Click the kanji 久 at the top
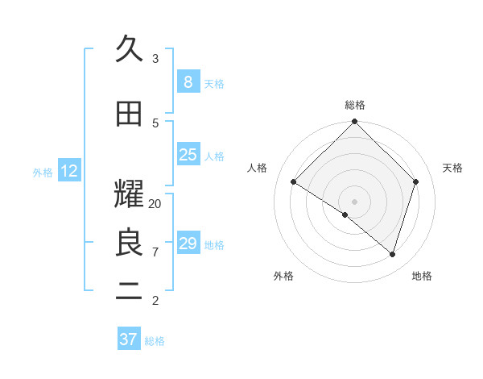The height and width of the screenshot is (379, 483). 130,50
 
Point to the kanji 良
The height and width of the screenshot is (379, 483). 130,243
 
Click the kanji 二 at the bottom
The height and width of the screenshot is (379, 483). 130,292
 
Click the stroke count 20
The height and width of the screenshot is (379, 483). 155,204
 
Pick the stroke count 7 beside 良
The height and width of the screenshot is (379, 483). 155,252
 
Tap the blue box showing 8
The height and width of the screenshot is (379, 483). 188,82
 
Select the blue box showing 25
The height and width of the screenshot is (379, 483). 188,155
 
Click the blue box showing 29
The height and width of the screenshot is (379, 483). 188,244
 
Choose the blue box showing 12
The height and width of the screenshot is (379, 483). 69,171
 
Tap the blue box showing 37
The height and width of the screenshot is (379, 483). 129,339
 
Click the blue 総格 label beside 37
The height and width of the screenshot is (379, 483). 155,341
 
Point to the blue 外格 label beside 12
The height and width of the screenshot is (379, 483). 43,172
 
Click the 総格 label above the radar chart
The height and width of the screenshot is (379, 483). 355,105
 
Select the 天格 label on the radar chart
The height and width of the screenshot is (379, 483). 453,168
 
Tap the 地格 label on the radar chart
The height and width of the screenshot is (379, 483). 422,276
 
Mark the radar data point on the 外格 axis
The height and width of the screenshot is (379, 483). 345,214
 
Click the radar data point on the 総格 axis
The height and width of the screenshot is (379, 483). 355,122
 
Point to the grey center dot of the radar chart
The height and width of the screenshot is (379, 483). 355,201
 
